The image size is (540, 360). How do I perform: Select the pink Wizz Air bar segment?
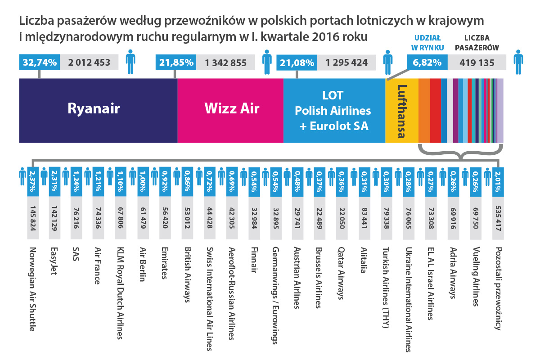(x=230, y=110)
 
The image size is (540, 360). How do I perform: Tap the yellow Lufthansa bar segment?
(x=402, y=110)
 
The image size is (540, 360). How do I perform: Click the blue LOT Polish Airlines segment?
(x=333, y=110)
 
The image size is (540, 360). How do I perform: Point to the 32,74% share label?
(x=40, y=63)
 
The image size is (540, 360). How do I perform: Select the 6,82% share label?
(x=427, y=63)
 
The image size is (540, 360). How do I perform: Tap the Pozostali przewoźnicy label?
(x=498, y=288)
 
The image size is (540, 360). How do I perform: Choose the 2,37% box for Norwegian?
(x=31, y=181)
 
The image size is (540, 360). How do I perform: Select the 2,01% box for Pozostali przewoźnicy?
(x=498, y=181)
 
